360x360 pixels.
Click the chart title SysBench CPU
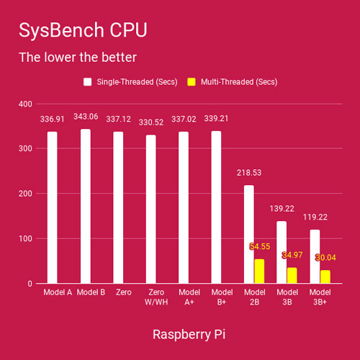coord(83,30)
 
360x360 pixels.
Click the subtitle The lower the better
coord(77,57)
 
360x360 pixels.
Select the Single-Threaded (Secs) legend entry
coord(129,82)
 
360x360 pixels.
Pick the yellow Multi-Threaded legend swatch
coord(192,82)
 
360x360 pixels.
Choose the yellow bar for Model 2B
coord(259,271)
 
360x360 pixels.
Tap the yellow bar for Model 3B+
coord(325,276)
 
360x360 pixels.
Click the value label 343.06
coord(85,117)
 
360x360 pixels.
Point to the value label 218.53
coord(249,173)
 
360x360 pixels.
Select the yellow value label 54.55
coord(260,246)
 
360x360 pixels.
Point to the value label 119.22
coord(315,217)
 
